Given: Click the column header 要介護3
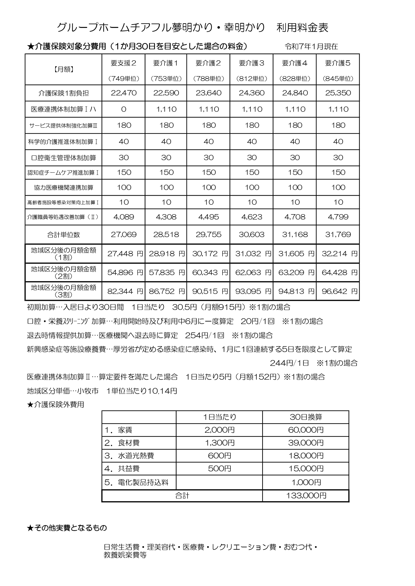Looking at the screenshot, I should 252,63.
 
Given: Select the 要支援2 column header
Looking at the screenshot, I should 124,63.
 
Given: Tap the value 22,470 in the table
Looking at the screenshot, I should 124,93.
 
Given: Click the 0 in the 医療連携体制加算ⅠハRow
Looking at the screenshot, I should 124,109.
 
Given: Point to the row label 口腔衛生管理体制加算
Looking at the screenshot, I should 64,158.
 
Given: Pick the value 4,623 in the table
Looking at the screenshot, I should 252,217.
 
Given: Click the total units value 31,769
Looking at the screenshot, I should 338,235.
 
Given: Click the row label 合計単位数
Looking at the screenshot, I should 64,235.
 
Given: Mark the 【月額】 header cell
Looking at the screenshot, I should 64,69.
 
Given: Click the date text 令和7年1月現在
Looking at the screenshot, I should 311,47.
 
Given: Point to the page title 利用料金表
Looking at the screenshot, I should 302,28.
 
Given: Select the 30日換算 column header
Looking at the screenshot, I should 306,417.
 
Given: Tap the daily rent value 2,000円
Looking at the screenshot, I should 219,430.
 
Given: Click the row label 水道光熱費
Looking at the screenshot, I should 136,456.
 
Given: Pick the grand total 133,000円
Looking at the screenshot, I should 306,496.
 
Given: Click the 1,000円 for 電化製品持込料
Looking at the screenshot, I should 306,482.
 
